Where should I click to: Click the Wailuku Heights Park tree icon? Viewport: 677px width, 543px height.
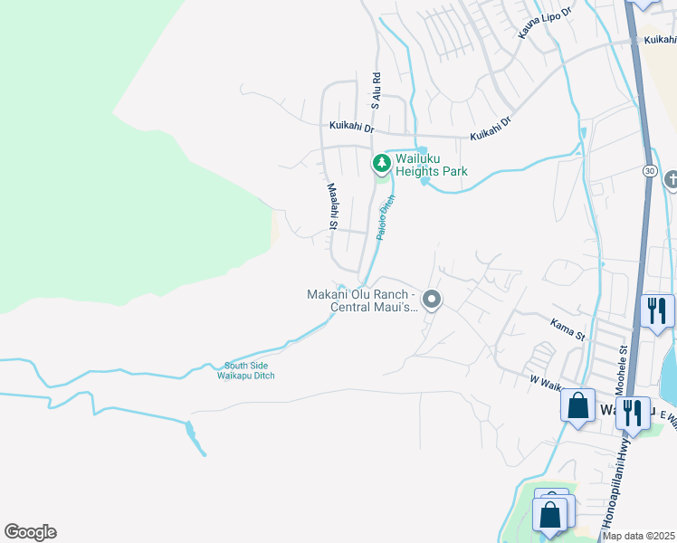(x=382, y=163)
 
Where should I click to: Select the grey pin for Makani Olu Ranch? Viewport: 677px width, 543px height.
(x=433, y=300)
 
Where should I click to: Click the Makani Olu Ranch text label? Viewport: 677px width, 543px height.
(x=361, y=300)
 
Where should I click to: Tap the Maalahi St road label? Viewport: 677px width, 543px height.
(x=331, y=206)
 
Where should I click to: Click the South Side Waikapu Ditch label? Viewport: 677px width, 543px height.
(x=249, y=371)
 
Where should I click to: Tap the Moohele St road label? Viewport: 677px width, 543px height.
(x=623, y=359)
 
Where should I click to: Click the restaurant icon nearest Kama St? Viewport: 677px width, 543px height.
(x=656, y=310)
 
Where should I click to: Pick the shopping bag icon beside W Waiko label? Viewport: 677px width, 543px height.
(x=577, y=405)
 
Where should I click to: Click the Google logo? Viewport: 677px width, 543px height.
(x=30, y=532)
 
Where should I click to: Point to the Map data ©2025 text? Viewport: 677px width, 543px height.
(x=638, y=536)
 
